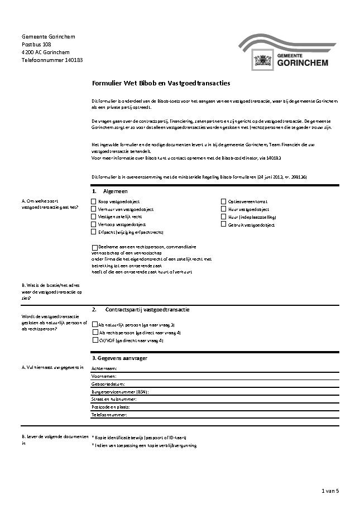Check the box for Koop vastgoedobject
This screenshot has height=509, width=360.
(93, 201)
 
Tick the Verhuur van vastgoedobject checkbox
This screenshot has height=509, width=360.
(93, 209)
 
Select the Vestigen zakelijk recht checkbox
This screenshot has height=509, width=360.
(93, 217)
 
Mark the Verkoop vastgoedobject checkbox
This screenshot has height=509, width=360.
(93, 224)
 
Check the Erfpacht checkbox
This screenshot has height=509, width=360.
(93, 232)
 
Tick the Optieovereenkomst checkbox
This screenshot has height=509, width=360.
(223, 201)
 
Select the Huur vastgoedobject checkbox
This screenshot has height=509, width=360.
(223, 209)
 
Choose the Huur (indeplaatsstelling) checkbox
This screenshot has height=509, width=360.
(223, 217)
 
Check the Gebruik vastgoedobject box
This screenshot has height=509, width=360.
(223, 224)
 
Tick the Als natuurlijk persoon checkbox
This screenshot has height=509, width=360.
(94, 324)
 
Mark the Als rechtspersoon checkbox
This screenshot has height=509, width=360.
(94, 332)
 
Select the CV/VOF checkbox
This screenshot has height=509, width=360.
(94, 340)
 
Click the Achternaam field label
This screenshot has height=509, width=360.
(104, 369)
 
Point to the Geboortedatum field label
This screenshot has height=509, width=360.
(108, 385)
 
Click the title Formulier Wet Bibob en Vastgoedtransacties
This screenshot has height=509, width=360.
(161, 83)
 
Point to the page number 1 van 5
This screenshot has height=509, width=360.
(330, 491)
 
